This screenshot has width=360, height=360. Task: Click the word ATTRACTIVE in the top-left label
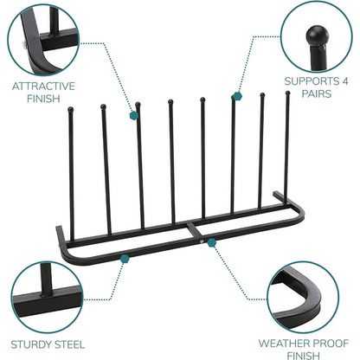point(43,86)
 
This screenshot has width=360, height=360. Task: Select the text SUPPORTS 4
point(317,82)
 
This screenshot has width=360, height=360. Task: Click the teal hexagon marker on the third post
point(134,113)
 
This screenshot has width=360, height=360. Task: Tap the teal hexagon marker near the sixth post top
point(235,97)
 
